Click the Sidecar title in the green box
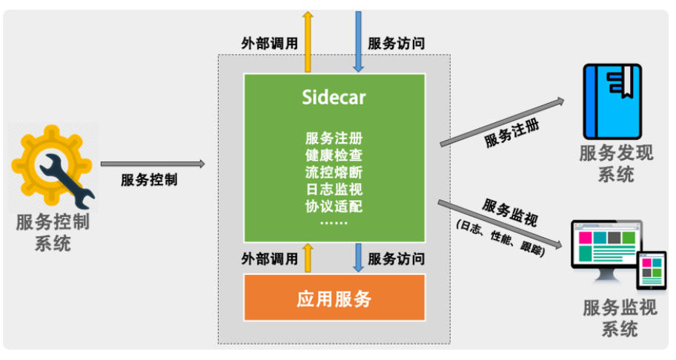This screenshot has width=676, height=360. [x=334, y=97]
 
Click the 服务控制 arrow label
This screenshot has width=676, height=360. [x=149, y=180]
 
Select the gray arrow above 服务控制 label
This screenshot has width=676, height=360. [x=152, y=164]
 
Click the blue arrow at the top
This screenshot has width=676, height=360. [x=359, y=40]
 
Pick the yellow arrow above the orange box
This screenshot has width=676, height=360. [x=307, y=257]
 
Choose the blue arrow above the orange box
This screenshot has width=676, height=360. [x=359, y=257]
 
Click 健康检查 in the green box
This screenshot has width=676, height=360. [x=334, y=156]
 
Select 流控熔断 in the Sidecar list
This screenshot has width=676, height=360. [x=334, y=173]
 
